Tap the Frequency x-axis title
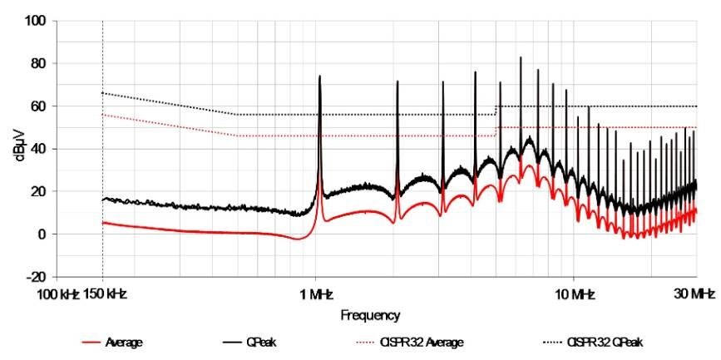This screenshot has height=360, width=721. [370, 316]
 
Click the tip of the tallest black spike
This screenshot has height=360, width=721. [521, 57]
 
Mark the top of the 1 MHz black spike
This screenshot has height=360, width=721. [319, 76]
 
